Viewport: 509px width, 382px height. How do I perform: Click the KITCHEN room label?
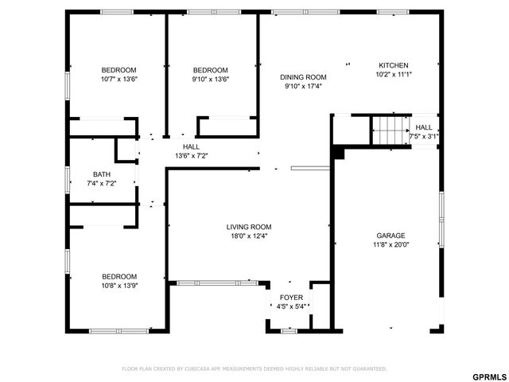pyautogui.click(x=393, y=65)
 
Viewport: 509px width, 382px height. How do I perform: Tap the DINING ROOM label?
pyautogui.click(x=303, y=77)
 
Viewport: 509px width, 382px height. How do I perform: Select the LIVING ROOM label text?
pyautogui.click(x=249, y=226)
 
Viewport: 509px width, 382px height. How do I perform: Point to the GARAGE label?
pyautogui.click(x=390, y=236)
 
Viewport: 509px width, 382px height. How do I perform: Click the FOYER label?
pyautogui.click(x=291, y=298)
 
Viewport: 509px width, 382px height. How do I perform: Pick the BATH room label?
pyautogui.click(x=101, y=174)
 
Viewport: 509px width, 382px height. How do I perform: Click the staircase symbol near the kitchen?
pyautogui.click(x=389, y=131)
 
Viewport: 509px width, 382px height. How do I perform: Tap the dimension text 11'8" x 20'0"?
pyautogui.click(x=390, y=245)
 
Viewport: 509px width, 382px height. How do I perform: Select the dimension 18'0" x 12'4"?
pyautogui.click(x=249, y=236)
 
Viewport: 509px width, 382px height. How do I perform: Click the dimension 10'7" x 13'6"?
pyautogui.click(x=119, y=79)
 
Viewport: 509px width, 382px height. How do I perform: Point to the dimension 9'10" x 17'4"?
pyautogui.click(x=303, y=86)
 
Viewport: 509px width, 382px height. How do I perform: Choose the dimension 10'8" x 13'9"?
pyautogui.click(x=119, y=286)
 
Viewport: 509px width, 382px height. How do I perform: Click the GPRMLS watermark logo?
pyautogui.click(x=488, y=376)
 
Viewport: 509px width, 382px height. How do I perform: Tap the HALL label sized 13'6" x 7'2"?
pyautogui.click(x=191, y=146)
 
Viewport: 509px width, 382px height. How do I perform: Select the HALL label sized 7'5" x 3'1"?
pyautogui.click(x=424, y=127)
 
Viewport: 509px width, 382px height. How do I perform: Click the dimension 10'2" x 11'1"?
pyautogui.click(x=393, y=74)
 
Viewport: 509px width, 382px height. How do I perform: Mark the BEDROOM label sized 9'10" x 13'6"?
pyautogui.click(x=210, y=70)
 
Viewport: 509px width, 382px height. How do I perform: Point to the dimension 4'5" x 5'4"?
pyautogui.click(x=291, y=306)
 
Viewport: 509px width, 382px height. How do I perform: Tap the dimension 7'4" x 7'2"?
pyautogui.click(x=101, y=184)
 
